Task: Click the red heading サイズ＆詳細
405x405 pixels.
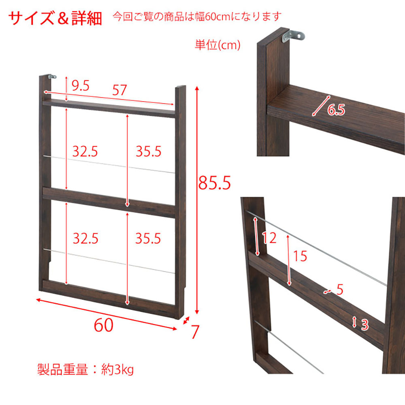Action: (55, 18)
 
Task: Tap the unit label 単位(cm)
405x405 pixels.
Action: (217, 45)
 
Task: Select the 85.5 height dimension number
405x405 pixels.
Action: (214, 183)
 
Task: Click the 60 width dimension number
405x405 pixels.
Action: (103, 325)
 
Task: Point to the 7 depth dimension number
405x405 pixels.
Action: (196, 332)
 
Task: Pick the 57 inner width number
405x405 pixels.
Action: (119, 90)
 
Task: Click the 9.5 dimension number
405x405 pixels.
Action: (81, 85)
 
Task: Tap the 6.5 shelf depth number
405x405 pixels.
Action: (336, 110)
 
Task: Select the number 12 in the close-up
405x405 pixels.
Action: (269, 238)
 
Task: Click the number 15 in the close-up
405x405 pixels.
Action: (300, 256)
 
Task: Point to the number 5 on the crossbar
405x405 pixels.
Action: (340, 289)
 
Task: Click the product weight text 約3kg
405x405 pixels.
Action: (117, 370)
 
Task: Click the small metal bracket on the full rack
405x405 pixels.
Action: (52, 77)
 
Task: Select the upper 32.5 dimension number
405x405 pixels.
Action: (85, 151)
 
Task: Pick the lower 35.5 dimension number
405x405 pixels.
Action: (148, 238)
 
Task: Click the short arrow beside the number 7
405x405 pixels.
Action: (186, 320)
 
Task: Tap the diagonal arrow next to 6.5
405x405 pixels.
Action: (321, 106)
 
